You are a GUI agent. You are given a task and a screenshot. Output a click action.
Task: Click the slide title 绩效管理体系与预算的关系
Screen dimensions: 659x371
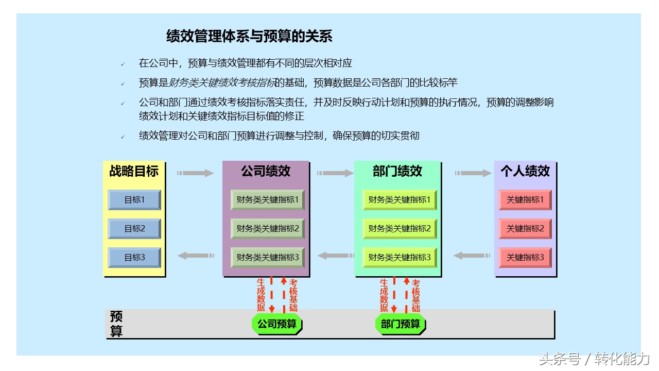click(249, 36)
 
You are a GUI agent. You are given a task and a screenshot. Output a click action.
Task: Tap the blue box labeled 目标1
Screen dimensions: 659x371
click(134, 199)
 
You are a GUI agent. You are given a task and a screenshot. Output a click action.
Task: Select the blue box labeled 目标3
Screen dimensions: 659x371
click(134, 257)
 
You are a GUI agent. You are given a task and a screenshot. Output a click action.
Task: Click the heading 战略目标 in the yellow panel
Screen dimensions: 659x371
click(134, 171)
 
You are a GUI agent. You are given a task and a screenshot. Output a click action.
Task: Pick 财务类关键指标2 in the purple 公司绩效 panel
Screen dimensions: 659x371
click(267, 228)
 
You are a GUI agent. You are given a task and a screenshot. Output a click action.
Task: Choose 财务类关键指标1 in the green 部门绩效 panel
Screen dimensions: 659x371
click(400, 199)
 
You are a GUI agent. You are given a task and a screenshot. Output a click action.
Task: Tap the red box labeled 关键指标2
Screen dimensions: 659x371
click(525, 228)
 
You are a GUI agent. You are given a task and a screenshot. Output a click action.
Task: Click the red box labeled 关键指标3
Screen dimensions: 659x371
click(525, 257)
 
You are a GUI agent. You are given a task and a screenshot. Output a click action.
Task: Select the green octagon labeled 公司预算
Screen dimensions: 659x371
click(277, 324)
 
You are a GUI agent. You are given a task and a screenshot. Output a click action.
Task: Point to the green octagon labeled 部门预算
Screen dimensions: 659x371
click(400, 324)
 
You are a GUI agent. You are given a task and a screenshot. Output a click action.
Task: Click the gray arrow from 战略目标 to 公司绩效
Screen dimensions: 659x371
click(195, 173)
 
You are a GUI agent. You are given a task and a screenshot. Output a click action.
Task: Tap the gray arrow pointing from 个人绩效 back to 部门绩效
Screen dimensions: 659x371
click(472, 256)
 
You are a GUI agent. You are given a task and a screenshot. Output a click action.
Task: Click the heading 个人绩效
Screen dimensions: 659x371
click(525, 171)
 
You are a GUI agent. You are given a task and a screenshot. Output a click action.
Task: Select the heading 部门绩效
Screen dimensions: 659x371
click(397, 171)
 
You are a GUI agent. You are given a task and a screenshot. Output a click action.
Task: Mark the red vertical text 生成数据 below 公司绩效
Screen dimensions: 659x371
click(261, 295)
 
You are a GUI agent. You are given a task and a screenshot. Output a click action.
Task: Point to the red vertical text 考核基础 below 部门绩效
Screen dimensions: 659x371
click(415, 296)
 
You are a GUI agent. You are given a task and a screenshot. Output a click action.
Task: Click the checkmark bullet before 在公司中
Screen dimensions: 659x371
click(123, 64)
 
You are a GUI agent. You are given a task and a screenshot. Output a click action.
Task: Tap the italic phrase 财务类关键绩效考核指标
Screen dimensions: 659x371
click(222, 83)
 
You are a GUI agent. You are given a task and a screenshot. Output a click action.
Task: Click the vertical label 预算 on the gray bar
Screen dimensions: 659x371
click(116, 324)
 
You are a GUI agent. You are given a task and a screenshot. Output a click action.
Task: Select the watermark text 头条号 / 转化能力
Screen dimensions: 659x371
click(594, 359)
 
